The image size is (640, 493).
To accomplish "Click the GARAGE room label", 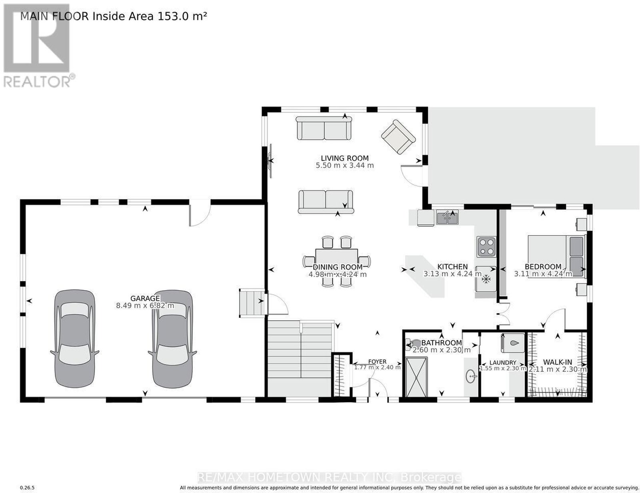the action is (145, 298).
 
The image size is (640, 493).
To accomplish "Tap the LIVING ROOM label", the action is (344, 158).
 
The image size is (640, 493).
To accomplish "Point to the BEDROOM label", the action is (543, 267).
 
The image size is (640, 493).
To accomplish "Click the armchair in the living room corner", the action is (398, 137).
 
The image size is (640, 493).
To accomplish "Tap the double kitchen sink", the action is (447, 217).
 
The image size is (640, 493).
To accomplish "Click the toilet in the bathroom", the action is (414, 345).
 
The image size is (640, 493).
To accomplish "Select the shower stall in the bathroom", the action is (416, 377).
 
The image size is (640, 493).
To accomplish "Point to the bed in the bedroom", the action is (556, 256).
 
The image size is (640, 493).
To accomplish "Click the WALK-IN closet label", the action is (558, 362).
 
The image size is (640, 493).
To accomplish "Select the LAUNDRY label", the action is (503, 363).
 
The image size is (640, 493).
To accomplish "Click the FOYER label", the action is (377, 362).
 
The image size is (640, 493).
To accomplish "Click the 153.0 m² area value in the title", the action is (182, 16).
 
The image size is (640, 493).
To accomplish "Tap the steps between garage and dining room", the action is (252, 303).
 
